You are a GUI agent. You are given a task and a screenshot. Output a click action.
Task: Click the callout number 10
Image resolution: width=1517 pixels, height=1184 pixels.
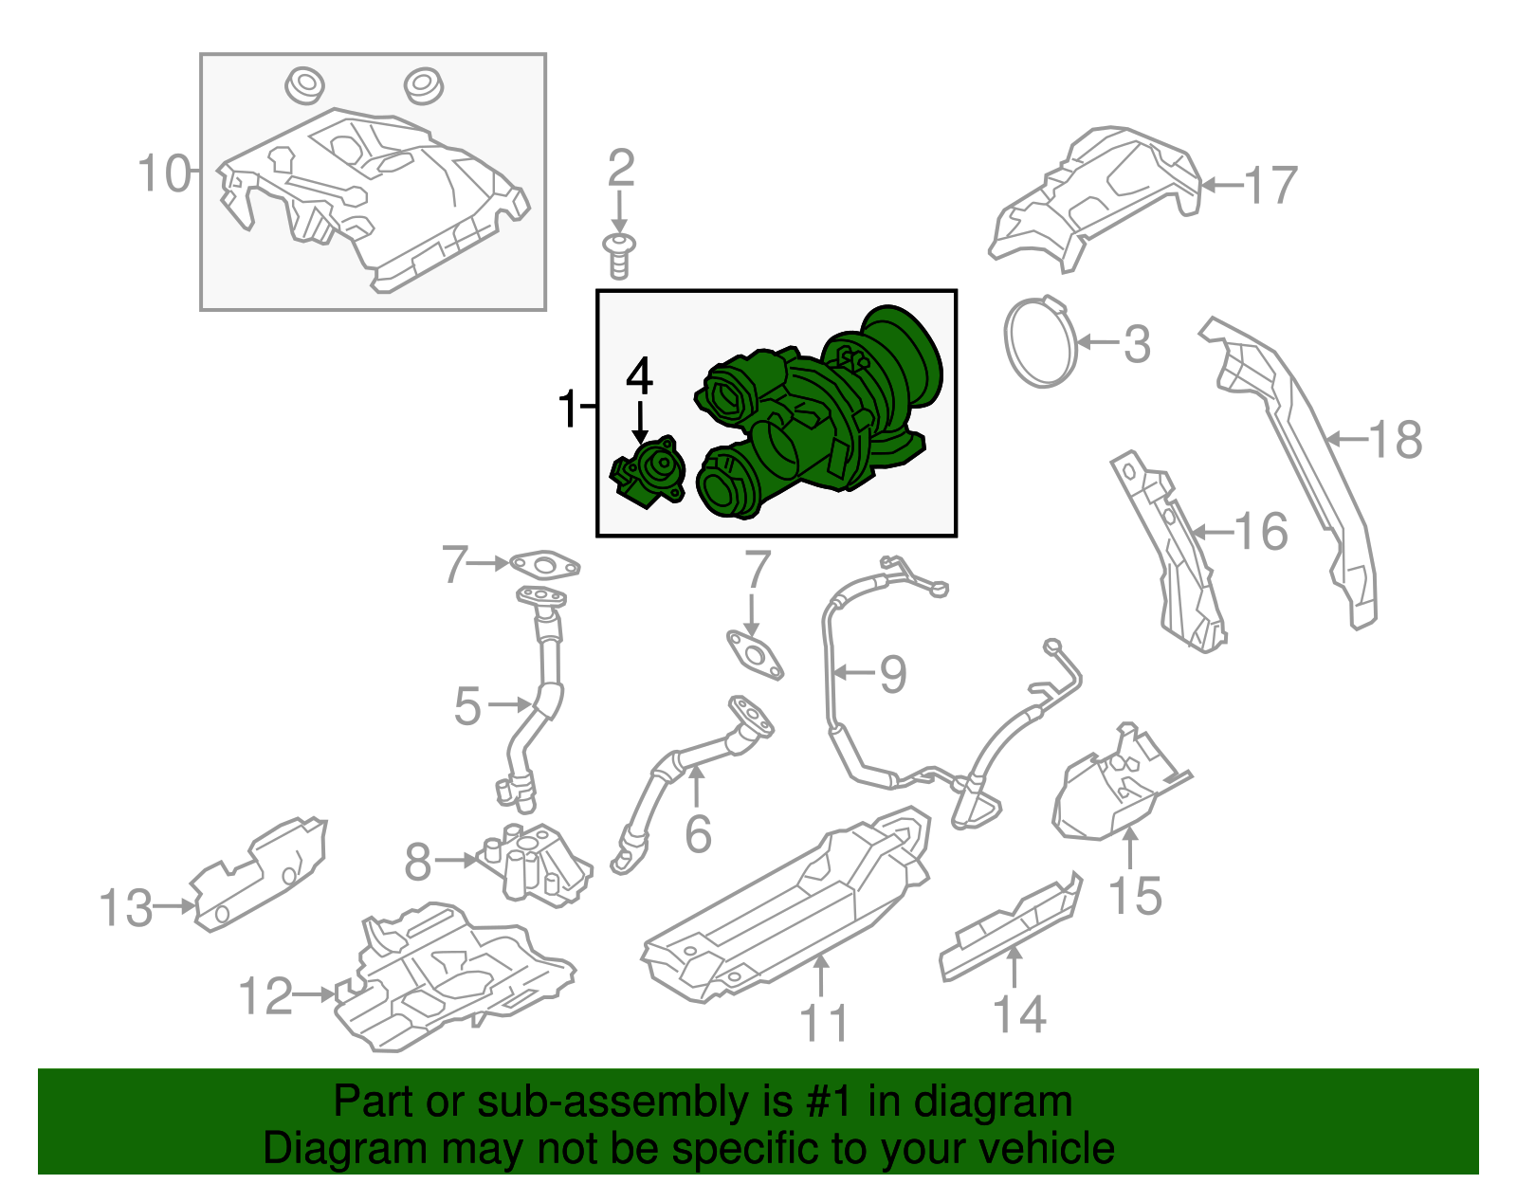163,174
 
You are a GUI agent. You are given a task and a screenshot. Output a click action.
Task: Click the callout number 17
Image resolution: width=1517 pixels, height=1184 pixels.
1270,185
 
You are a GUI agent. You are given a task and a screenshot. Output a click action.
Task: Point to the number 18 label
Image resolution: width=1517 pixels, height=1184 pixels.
1395,440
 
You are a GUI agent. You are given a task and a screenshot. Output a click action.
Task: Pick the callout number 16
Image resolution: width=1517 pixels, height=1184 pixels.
1260,532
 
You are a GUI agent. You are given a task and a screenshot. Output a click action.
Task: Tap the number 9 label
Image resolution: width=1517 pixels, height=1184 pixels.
892,674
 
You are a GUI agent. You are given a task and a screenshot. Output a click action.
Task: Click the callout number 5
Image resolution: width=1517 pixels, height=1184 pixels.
467,706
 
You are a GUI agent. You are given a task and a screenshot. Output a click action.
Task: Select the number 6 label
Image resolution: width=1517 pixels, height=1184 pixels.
698,834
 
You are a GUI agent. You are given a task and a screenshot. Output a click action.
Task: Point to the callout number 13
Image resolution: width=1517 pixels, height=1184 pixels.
126,908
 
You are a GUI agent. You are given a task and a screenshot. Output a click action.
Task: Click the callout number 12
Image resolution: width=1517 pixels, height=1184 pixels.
265,997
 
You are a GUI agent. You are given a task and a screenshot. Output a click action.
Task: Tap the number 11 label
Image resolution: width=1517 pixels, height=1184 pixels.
824,1024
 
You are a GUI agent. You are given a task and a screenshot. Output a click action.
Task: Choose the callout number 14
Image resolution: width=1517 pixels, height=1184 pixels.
1019,1014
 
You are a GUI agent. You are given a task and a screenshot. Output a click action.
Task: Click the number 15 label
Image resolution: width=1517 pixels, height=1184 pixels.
1134,896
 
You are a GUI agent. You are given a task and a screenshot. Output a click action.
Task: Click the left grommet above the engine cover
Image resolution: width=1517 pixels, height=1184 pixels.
303,85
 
